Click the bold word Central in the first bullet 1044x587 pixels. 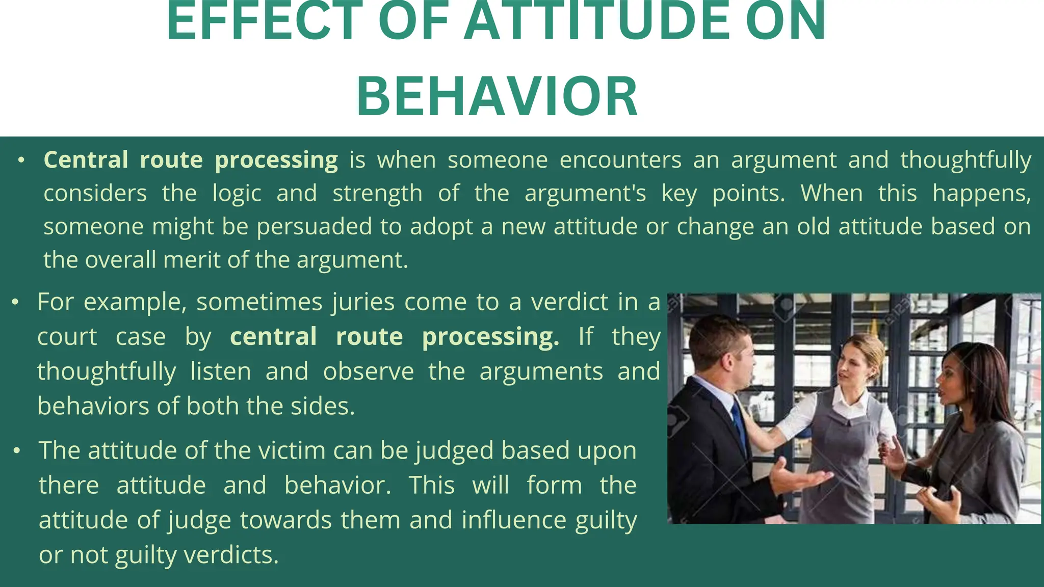[86, 160]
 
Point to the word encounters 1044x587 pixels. [620, 160]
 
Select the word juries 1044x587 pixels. [363, 303]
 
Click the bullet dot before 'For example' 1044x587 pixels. [16, 303]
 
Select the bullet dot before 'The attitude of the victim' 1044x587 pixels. [17, 451]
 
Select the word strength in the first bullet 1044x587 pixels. [377, 194]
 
